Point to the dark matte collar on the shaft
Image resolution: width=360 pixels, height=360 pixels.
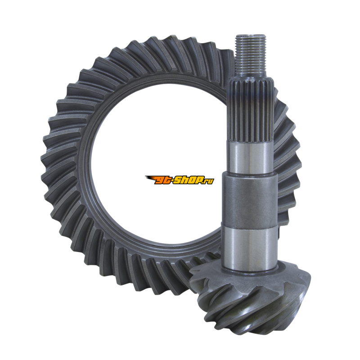(x=250, y=200)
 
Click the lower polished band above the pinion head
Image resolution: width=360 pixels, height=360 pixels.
(x=250, y=248)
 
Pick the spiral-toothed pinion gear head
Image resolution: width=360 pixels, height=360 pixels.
(x=250, y=296)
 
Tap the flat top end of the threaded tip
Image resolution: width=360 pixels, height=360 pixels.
(x=251, y=36)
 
